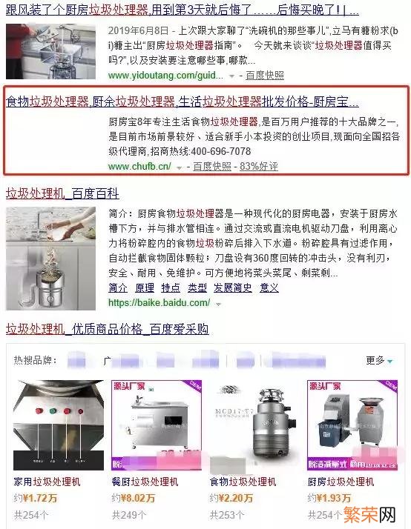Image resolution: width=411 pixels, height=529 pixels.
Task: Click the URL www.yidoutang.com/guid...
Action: pos(165,76)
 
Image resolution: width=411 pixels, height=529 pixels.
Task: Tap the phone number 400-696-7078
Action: pos(221,151)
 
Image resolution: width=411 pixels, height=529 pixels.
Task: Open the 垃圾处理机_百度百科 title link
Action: pos(62,194)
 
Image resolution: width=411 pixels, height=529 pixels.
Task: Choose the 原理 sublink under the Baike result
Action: pos(145,287)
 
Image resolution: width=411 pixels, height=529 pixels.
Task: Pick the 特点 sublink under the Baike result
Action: pos(171,287)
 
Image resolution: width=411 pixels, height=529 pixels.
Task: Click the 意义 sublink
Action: pos(269,287)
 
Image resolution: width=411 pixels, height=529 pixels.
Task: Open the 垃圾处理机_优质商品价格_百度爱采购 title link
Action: pos(108,328)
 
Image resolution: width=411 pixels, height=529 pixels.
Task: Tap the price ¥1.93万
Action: pos(333,498)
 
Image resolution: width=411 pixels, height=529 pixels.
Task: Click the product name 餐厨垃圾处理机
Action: pos(145,482)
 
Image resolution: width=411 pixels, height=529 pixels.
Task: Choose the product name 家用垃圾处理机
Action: pos(47,482)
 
